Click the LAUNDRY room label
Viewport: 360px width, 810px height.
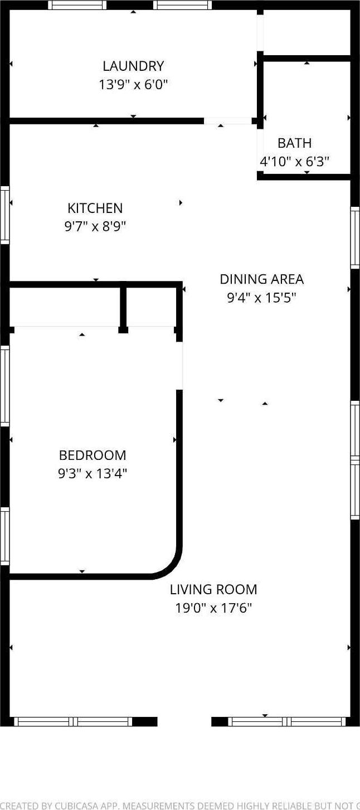click(x=133, y=66)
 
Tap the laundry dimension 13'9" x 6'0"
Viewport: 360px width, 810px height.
click(x=133, y=85)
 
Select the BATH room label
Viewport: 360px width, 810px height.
click(x=294, y=143)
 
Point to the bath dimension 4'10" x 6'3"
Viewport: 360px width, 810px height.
click(x=294, y=162)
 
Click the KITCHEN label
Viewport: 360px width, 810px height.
click(x=95, y=208)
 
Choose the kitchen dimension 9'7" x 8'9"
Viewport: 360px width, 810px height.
click(x=95, y=227)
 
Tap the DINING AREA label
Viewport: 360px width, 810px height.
click(x=261, y=279)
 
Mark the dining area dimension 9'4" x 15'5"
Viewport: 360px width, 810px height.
click(x=261, y=298)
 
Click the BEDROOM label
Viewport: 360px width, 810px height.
click(x=93, y=455)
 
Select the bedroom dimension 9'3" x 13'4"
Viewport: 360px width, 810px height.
click(x=93, y=474)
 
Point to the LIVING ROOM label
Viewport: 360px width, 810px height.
click(x=213, y=589)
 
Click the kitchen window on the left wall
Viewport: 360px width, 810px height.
click(x=5, y=215)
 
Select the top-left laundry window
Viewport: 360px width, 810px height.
click(x=77, y=5)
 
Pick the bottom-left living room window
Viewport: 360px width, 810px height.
click(x=73, y=721)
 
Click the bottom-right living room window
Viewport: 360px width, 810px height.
click(x=287, y=721)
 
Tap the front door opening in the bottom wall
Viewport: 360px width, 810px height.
click(x=184, y=721)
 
